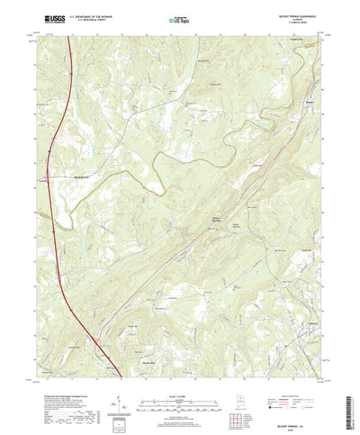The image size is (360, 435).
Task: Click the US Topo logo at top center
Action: tap(180, 17)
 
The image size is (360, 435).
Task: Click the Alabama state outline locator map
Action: tap(238, 396)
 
